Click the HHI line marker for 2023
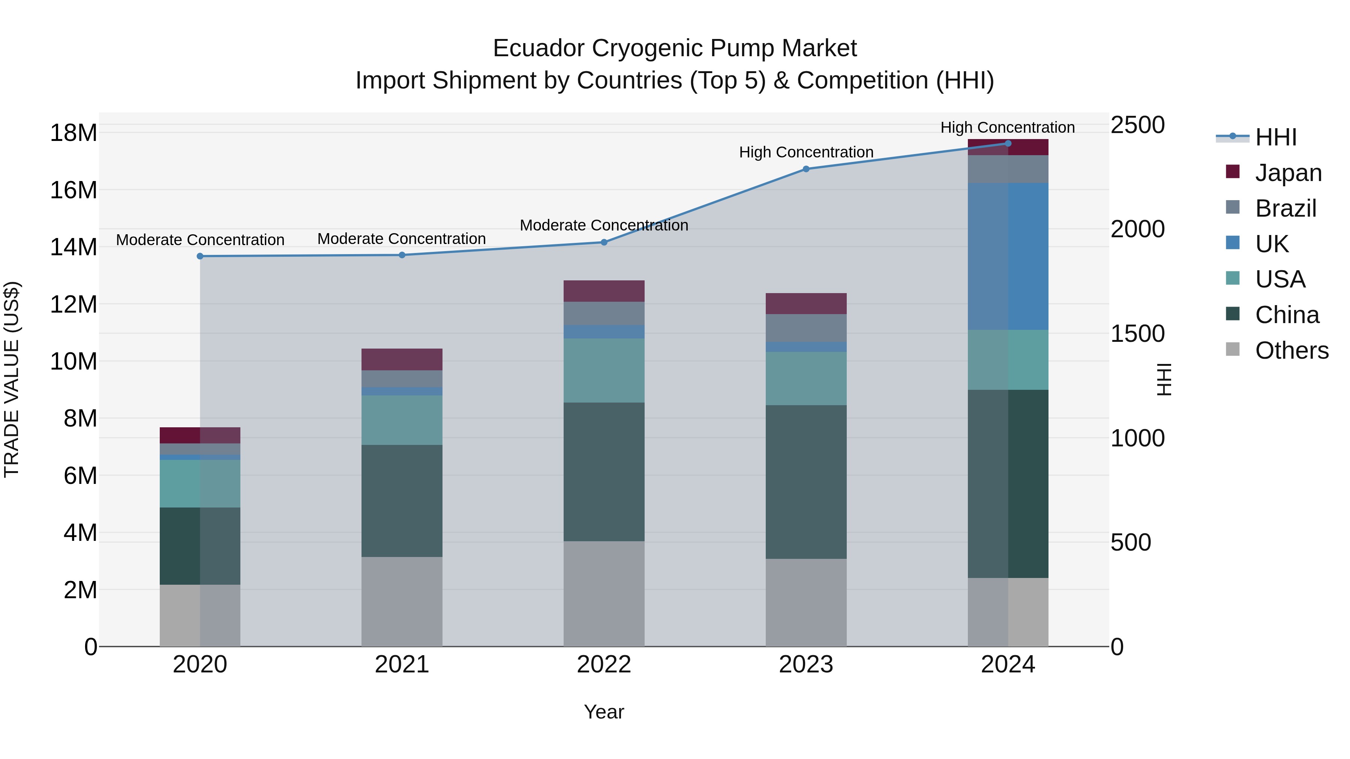[806, 169]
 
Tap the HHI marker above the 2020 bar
[199, 256]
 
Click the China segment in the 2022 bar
[604, 472]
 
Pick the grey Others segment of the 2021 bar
[402, 601]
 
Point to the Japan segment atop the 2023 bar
[806, 303]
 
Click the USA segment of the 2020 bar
[199, 483]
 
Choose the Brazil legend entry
[1285, 208]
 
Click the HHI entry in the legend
[1276, 137]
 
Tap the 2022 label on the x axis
[604, 665]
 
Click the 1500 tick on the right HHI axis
[1137, 334]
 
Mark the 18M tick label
[73, 133]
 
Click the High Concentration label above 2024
[1007, 127]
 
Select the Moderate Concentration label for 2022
[604, 225]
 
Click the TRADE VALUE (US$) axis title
[12, 379]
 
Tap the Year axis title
[604, 712]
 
